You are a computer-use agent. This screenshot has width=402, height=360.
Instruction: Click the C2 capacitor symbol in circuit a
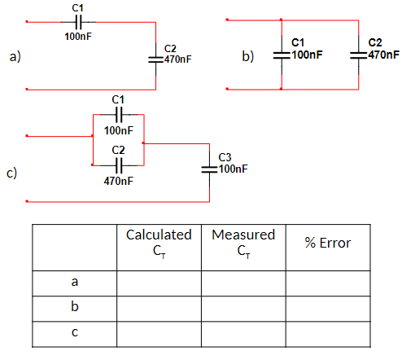155,58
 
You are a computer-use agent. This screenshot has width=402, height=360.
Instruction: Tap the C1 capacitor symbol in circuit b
281,55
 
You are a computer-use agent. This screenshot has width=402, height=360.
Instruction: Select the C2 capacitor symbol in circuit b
359,55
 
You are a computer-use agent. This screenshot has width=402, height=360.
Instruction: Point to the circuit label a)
15,57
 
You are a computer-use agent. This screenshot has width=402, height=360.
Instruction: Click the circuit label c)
12,173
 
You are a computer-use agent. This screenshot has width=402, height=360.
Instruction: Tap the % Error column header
327,243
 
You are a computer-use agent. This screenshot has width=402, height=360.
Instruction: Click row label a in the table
74,282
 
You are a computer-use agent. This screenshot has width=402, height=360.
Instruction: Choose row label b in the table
74,308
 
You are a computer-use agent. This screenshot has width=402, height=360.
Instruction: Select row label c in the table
74,332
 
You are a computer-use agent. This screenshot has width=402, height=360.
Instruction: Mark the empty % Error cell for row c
327,332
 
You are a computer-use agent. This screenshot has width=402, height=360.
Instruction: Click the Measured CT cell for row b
243,308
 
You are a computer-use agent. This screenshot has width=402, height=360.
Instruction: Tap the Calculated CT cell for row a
159,282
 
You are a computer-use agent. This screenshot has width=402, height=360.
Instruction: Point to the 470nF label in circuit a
178,60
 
